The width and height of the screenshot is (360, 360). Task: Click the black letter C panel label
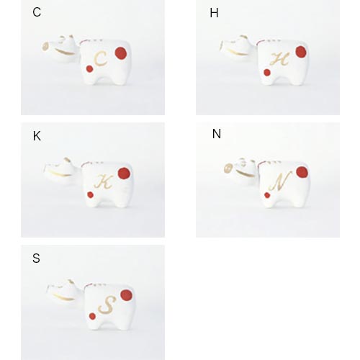[37, 12]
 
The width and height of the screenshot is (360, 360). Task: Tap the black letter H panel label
[214, 13]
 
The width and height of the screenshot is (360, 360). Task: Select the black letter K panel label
[37, 136]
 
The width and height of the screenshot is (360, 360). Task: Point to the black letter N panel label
[217, 134]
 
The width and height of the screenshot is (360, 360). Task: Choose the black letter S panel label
[36, 258]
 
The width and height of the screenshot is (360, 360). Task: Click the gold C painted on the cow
[100, 59]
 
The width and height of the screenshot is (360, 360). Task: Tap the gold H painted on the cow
[279, 59]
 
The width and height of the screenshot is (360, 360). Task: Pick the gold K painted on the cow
[104, 181]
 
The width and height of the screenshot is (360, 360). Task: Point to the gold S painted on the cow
[107, 305]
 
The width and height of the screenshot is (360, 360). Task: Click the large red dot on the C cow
[121, 53]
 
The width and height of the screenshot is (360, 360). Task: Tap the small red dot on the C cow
[89, 69]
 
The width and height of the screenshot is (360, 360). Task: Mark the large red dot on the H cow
[301, 52]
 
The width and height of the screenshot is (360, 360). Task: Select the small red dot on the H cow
[267, 72]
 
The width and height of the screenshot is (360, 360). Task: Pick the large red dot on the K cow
[124, 174]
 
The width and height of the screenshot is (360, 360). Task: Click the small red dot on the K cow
[90, 194]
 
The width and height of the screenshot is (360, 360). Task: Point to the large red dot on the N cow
[302, 172]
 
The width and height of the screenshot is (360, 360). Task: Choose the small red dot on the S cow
[92, 316]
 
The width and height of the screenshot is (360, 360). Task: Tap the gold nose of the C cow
[45, 47]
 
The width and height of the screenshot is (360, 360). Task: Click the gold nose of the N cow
[228, 168]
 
